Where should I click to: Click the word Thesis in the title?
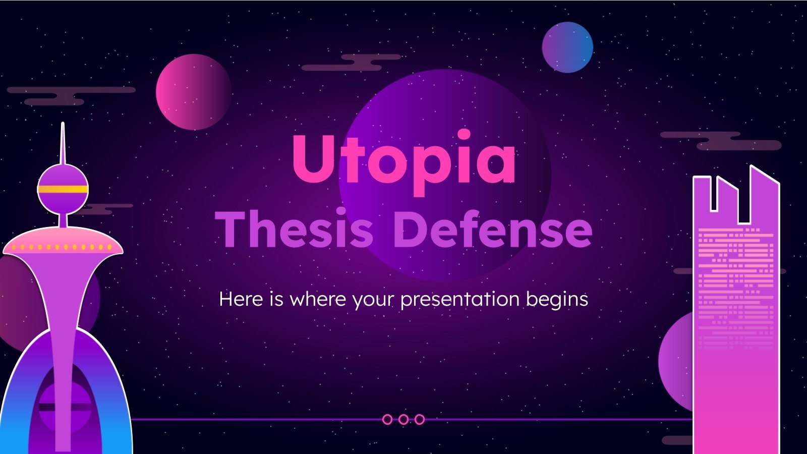pos(295,230)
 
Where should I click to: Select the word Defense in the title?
pos(492,230)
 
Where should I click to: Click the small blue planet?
pos(567,47)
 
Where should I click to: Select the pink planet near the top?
pos(194,92)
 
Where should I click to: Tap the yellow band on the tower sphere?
pos(63,190)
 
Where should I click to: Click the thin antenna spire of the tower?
pos(63,144)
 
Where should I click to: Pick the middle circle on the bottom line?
pos(403,419)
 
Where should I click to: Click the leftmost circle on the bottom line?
pos(387,419)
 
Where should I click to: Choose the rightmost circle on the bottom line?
pos(419,419)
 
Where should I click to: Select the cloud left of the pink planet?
pos(71,95)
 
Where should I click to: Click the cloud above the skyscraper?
pos(721,140)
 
